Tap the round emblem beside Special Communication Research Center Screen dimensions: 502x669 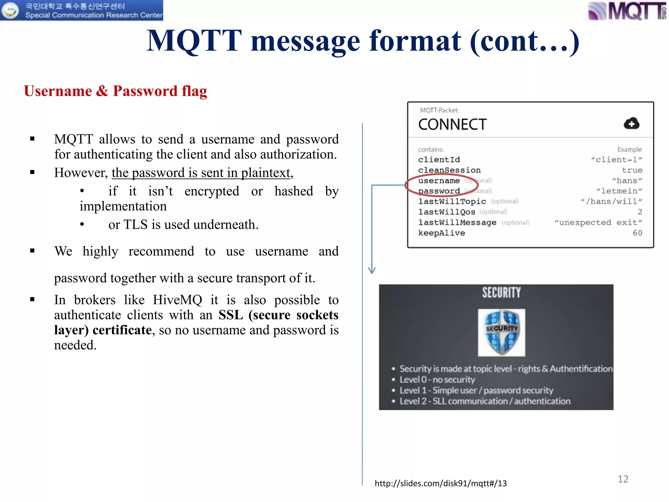pyautogui.click(x=10, y=10)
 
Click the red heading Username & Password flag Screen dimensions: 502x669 pyautogui.click(x=115, y=91)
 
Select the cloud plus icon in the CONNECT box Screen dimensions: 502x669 pyautogui.click(x=631, y=124)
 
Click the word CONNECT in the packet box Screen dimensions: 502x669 pyautogui.click(x=452, y=125)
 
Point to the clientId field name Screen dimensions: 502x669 pyautogui.click(x=439, y=160)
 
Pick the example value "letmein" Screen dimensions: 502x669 pyautogui.click(x=619, y=191)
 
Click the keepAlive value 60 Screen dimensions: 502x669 pyautogui.click(x=637, y=233)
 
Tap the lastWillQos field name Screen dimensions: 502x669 pyautogui.click(x=447, y=212)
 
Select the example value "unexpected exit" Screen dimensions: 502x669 pyautogui.click(x=598, y=223)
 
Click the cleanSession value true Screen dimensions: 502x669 pyautogui.click(x=632, y=170)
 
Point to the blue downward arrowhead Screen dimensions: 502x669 pyautogui.click(x=372, y=270)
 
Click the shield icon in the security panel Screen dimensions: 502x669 pyautogui.click(x=501, y=332)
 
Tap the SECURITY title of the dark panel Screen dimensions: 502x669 pyautogui.click(x=501, y=293)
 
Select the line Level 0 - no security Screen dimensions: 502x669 pyautogui.click(x=437, y=380)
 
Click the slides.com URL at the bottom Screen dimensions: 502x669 pyautogui.click(x=440, y=483)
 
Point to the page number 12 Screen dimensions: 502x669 pyautogui.click(x=623, y=479)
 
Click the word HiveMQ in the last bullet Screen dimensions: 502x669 pyautogui.click(x=177, y=300)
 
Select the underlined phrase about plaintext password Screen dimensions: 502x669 pyautogui.click(x=201, y=173)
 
